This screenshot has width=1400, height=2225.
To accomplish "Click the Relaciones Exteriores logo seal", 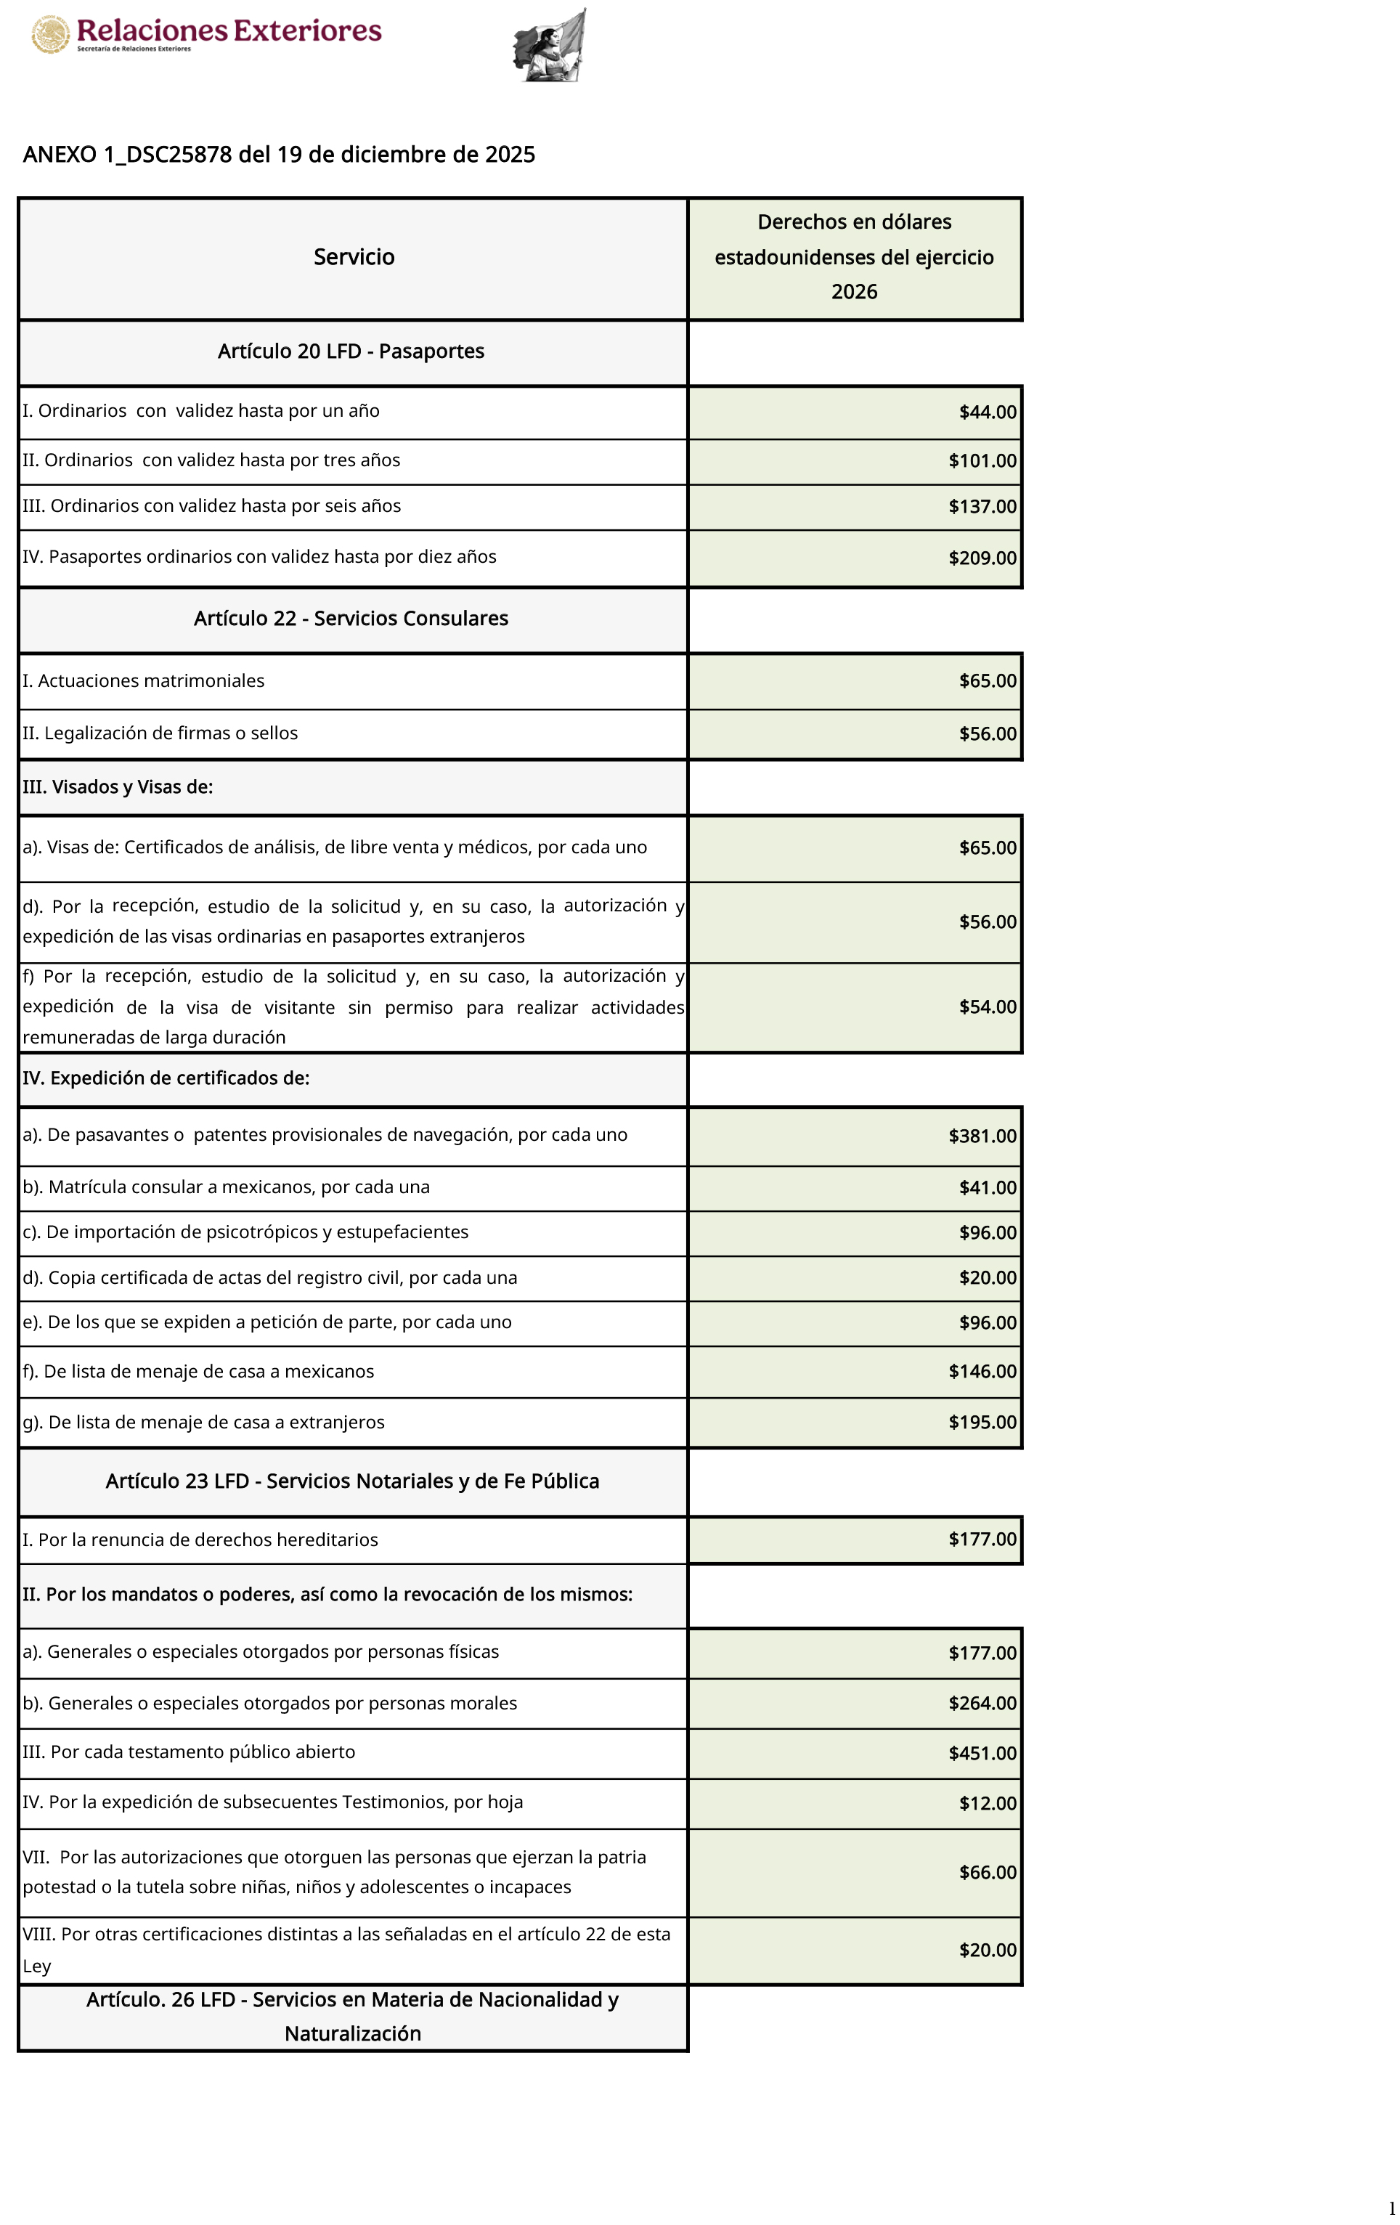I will pyautogui.click(x=51, y=35).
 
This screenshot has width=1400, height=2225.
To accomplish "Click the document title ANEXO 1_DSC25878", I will pyautogui.click(x=278, y=154).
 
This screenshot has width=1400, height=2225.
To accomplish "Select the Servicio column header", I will pyautogui.click(x=354, y=257).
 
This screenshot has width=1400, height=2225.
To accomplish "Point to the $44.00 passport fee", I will pyautogui.click(x=987, y=412).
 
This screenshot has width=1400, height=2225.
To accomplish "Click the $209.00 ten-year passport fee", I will pyautogui.click(x=982, y=558).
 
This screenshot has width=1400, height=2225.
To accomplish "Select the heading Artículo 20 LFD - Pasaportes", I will pyautogui.click(x=351, y=351).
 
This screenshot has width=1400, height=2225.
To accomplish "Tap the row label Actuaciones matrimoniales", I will pyautogui.click(x=143, y=681).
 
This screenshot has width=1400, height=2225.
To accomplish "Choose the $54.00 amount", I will pyautogui.click(x=987, y=1007).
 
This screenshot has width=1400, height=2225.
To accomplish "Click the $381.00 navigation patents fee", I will pyautogui.click(x=982, y=1136).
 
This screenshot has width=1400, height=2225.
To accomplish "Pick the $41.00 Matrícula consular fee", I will pyautogui.click(x=987, y=1188).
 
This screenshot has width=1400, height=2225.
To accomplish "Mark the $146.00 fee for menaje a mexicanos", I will pyautogui.click(x=982, y=1371).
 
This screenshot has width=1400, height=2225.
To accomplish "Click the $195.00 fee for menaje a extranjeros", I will pyautogui.click(x=982, y=1422).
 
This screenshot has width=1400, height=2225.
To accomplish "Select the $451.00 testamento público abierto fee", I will pyautogui.click(x=982, y=1753).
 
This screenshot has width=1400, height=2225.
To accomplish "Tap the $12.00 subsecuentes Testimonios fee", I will pyautogui.click(x=987, y=1803).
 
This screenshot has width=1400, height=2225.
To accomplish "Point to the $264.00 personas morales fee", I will pyautogui.click(x=982, y=1703).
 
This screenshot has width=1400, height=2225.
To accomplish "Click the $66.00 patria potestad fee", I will pyautogui.click(x=987, y=1872).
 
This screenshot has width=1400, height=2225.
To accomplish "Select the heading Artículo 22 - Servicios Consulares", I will pyautogui.click(x=351, y=618).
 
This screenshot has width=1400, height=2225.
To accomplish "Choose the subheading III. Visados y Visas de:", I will pyautogui.click(x=118, y=787).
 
